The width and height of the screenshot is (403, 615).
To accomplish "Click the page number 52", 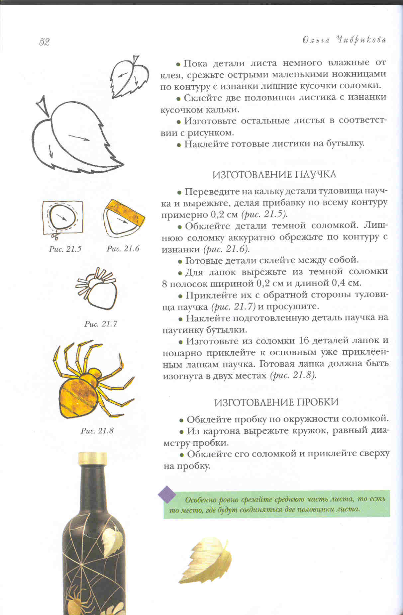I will coord(44,42).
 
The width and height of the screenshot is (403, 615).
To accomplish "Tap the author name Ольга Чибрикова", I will coord(344,40).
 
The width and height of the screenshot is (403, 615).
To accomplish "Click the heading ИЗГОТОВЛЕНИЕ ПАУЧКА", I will coord(274,174).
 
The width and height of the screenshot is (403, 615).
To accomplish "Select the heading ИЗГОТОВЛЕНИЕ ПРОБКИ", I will coord(276,402).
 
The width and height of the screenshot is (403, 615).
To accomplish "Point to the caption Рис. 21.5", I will coord(65,249).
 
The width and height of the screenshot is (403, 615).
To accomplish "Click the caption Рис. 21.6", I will coord(123,249).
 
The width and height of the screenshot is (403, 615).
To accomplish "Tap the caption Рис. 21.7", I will coord(101,324).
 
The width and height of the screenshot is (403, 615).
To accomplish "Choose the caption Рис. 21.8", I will coord(97,431).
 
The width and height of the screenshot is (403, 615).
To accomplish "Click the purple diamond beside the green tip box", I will coord(167,494).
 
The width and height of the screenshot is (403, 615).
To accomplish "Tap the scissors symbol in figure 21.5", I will coord(55,236).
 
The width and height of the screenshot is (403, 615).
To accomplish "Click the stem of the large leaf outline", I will coord(44,106).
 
